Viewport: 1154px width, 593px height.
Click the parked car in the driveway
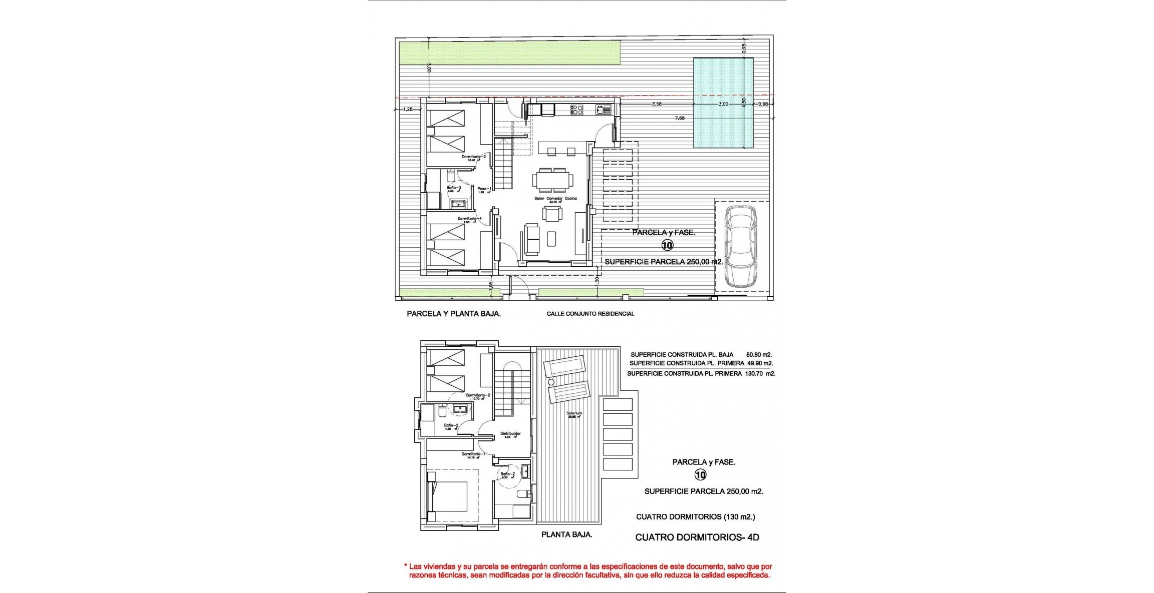(x=741, y=246)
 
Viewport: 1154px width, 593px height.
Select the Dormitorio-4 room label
(x=469, y=219)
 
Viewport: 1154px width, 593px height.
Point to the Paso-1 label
(x=484, y=189)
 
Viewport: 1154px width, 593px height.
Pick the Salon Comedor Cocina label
(x=555, y=199)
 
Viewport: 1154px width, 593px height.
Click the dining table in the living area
(x=553, y=180)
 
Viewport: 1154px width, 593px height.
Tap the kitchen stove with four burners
(x=577, y=109)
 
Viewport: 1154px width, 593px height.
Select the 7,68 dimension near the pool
(x=680, y=118)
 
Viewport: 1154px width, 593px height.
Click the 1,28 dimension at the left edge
(x=408, y=109)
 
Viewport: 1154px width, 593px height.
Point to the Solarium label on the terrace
(x=574, y=413)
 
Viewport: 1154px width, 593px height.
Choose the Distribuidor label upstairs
(x=510, y=434)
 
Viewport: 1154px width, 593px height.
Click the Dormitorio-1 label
(x=471, y=454)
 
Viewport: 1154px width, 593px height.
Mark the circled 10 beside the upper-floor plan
(x=700, y=475)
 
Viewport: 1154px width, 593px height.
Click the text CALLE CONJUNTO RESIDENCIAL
(x=590, y=314)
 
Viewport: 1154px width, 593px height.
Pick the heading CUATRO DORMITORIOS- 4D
(x=697, y=537)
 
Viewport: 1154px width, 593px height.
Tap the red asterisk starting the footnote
(x=405, y=566)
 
